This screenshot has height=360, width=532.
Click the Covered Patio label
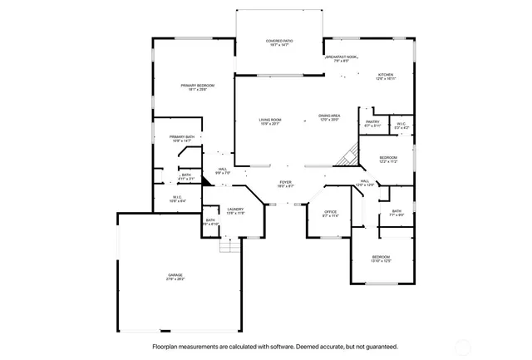279,41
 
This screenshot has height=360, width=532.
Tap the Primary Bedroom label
199,86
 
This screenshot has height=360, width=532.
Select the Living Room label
269,120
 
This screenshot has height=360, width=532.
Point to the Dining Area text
329,116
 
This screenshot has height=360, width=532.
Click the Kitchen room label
386,75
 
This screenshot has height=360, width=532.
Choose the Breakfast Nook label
341,57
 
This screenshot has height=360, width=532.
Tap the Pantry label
372,122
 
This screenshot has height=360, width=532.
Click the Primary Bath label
182,137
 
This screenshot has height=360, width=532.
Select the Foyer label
285,182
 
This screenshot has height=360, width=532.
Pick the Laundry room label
235,210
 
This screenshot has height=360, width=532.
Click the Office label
330,212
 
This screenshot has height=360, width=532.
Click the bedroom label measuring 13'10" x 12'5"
381,257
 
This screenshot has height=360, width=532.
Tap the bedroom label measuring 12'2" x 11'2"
389,158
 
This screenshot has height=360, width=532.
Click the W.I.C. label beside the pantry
401,124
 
